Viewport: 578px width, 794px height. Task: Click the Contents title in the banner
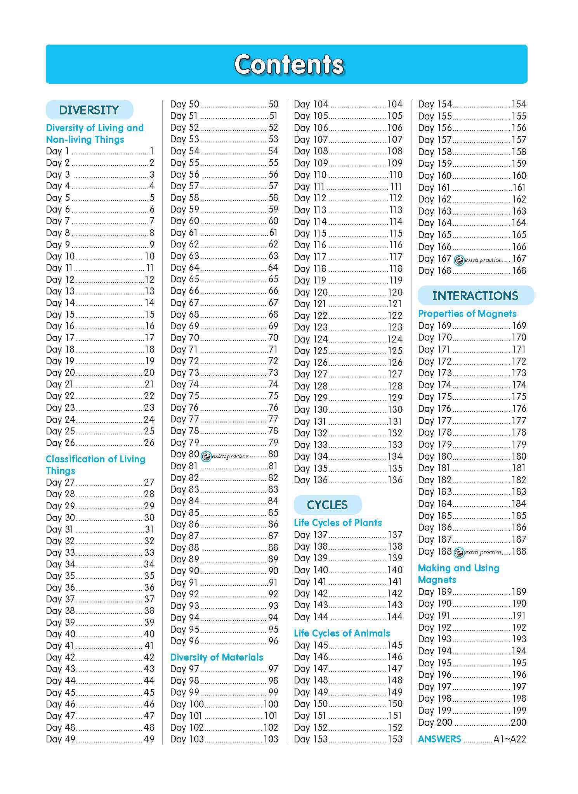pyautogui.click(x=289, y=64)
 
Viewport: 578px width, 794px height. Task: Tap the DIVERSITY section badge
pyautogui.click(x=89, y=110)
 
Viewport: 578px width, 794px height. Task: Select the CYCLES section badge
pyautogui.click(x=327, y=505)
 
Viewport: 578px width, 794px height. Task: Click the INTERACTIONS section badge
pyautogui.click(x=475, y=296)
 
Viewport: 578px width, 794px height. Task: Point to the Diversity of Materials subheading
pyautogui.click(x=217, y=657)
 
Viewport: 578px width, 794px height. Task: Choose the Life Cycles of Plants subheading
pyautogui.click(x=338, y=523)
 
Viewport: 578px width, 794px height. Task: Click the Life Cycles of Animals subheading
pyautogui.click(x=342, y=633)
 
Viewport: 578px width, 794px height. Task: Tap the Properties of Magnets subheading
pyautogui.click(x=467, y=314)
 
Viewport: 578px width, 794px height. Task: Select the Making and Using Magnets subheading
pyautogui.click(x=458, y=574)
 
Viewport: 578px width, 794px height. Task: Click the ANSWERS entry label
pyautogui.click(x=439, y=739)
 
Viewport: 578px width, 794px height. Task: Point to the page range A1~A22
pyautogui.click(x=509, y=739)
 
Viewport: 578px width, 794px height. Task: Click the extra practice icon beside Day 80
pyautogui.click(x=206, y=457)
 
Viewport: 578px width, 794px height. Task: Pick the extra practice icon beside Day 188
pyautogui.click(x=459, y=553)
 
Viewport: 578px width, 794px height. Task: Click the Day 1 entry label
pyautogui.click(x=57, y=151)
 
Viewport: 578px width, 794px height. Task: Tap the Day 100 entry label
pyautogui.click(x=187, y=704)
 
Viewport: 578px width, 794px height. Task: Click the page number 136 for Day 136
pyautogui.click(x=395, y=480)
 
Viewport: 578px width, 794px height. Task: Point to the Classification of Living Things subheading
pyautogui.click(x=95, y=465)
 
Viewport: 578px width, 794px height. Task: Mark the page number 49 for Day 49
pyautogui.click(x=149, y=739)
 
